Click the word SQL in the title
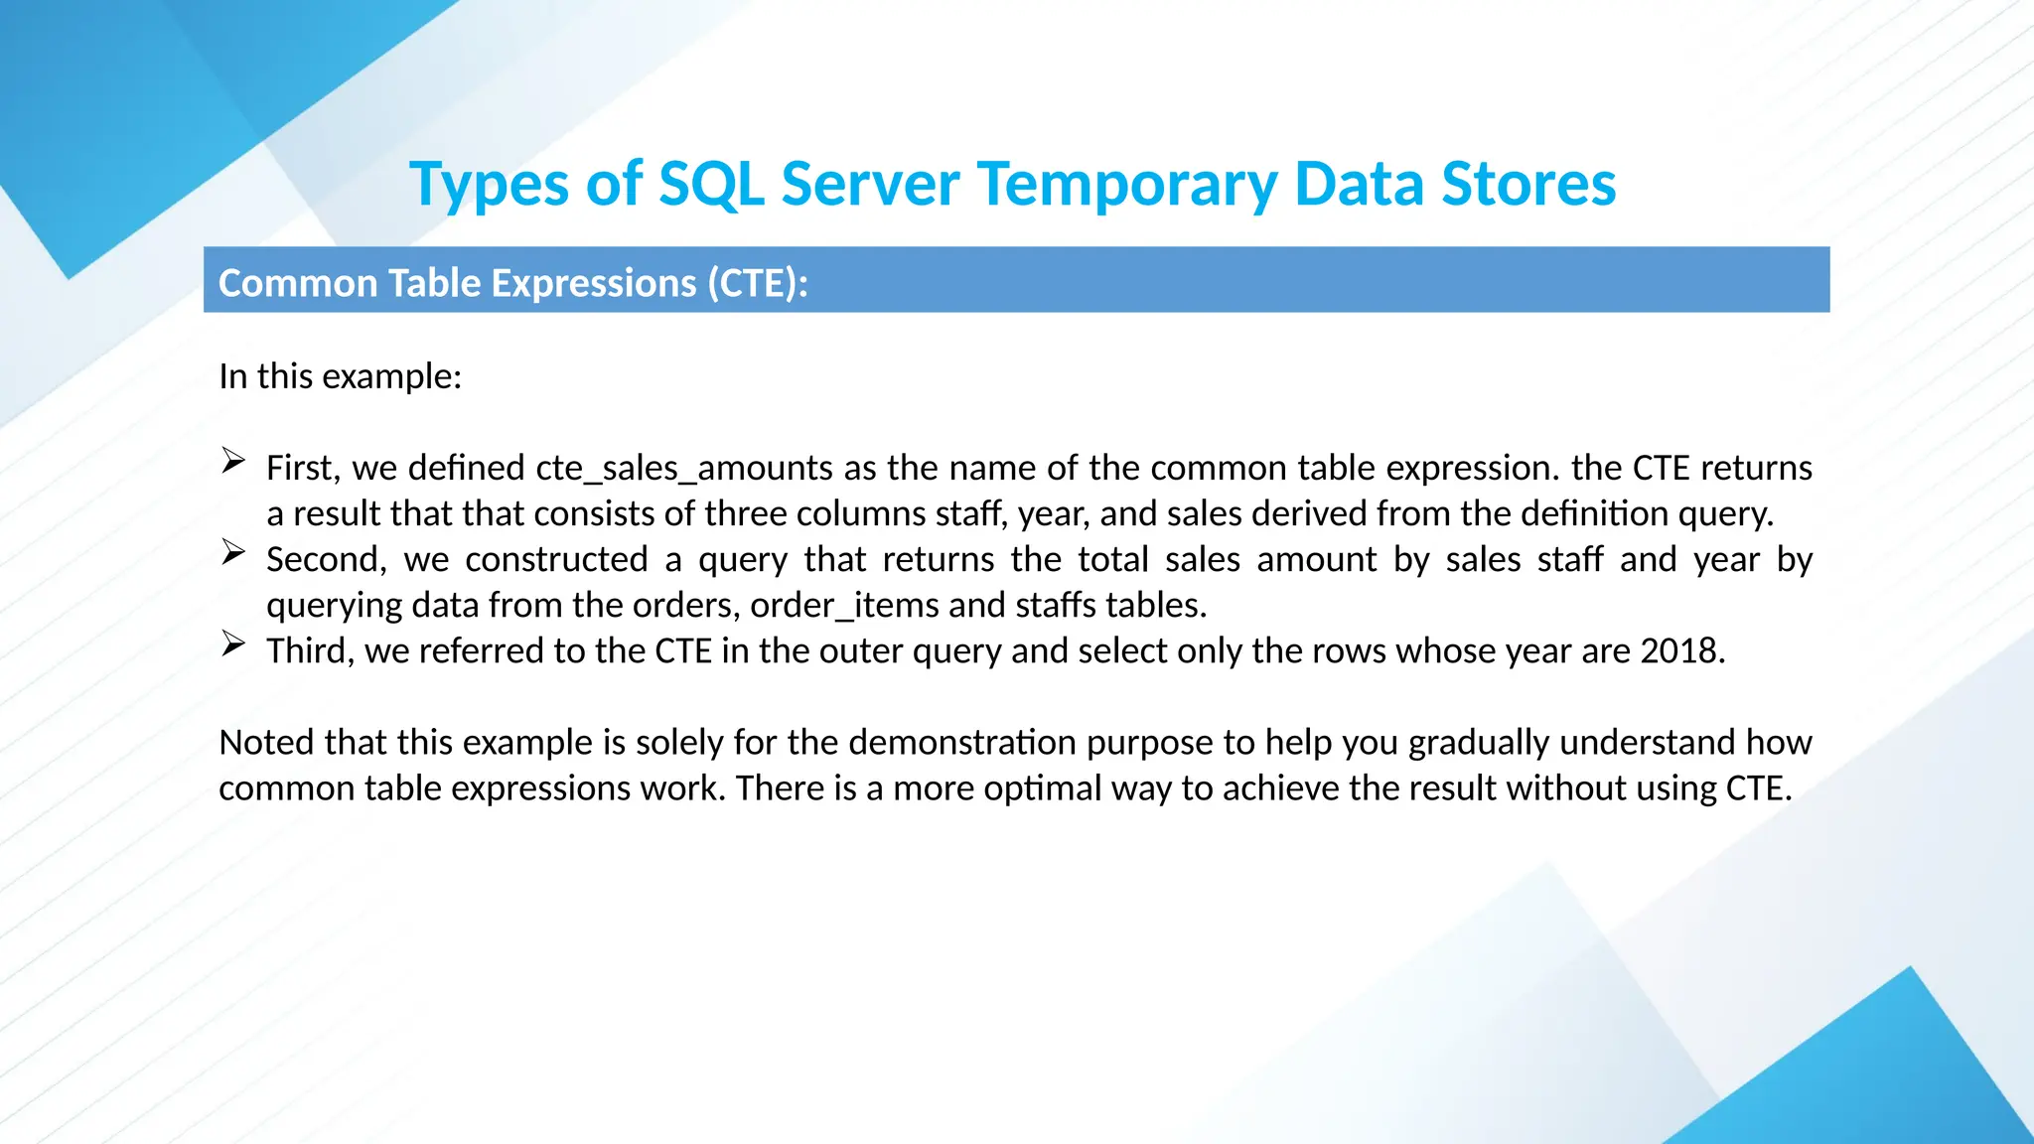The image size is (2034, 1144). tap(711, 185)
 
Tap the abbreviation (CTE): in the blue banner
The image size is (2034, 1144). tap(758, 283)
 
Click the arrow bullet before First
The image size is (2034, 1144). tap(233, 461)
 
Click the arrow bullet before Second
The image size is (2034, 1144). tap(233, 552)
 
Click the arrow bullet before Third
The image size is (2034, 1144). tap(233, 643)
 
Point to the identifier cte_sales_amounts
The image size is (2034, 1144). tap(684, 468)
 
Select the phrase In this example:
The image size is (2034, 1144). tap(341, 376)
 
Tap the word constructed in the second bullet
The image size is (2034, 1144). tap(556, 559)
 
